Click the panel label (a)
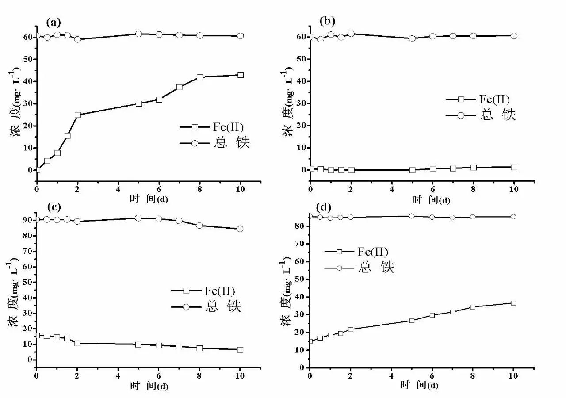click(x=54, y=22)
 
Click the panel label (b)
click(x=327, y=20)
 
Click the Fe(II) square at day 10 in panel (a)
click(x=241, y=75)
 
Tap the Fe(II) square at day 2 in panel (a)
click(x=78, y=115)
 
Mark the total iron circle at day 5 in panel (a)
click(x=138, y=34)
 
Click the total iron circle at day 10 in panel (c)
click(x=240, y=229)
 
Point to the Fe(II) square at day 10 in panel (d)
click(x=513, y=303)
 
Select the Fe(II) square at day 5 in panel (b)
click(x=412, y=170)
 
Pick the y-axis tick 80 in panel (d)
click(x=301, y=226)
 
